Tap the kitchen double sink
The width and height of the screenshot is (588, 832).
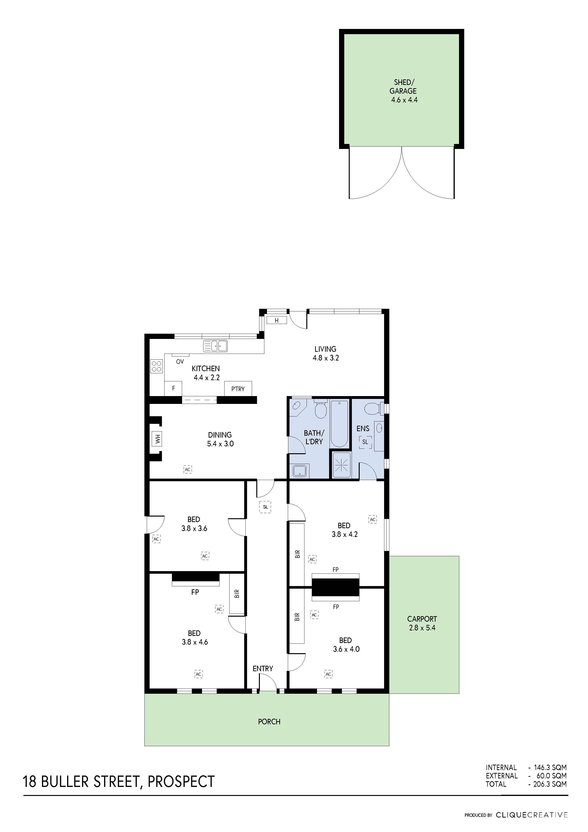(215, 346)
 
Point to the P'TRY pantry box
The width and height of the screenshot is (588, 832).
(238, 389)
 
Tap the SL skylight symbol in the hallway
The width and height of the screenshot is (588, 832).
(266, 507)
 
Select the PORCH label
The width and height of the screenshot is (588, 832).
(269, 721)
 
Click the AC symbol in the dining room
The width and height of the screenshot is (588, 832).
(187, 470)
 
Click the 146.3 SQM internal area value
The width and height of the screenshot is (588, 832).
(550, 767)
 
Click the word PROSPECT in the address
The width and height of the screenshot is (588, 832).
(181, 782)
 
